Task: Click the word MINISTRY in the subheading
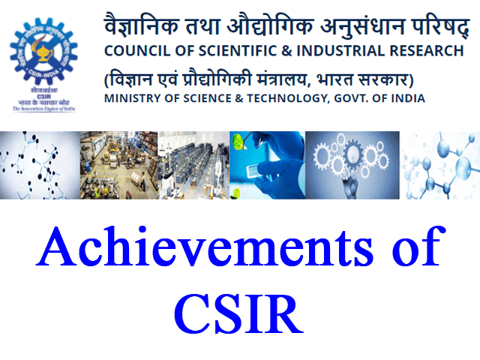pos(132,98)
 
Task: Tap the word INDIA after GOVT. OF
pos(406,98)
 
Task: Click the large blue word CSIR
pos(239,315)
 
